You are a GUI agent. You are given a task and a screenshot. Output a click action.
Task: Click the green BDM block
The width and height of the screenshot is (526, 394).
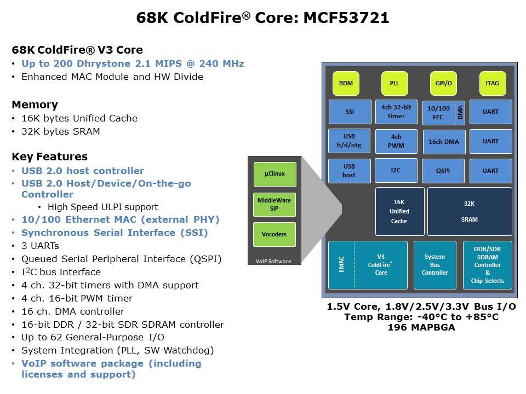click(346, 84)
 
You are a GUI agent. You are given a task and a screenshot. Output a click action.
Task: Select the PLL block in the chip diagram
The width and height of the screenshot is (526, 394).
click(395, 84)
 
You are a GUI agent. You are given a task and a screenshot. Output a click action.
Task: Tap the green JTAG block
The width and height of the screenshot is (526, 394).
click(492, 84)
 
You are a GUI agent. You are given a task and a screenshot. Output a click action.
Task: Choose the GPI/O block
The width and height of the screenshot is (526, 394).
click(443, 84)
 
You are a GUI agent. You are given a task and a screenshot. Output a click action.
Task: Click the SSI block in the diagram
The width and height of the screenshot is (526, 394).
click(350, 112)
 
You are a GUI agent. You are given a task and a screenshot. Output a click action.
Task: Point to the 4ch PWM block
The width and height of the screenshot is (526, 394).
click(396, 141)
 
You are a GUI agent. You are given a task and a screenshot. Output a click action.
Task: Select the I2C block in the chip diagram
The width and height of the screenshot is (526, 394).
click(396, 170)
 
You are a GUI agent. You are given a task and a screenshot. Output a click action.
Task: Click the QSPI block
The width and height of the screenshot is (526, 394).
click(443, 171)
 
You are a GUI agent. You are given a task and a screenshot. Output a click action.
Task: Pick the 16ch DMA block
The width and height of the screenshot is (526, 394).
click(444, 142)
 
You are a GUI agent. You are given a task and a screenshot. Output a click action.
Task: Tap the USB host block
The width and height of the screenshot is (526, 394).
click(349, 171)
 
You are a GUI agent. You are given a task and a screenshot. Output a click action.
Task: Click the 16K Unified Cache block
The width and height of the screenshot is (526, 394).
click(399, 211)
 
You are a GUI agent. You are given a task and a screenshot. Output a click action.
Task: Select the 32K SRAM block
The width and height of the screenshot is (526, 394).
click(470, 211)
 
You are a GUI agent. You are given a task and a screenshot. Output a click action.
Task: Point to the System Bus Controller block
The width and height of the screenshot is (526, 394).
click(435, 265)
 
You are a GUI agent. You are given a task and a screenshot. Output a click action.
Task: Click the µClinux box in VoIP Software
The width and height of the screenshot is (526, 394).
click(275, 174)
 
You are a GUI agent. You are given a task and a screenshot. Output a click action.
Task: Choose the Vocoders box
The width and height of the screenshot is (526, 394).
click(275, 234)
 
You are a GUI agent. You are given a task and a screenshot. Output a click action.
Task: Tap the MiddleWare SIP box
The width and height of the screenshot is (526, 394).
click(275, 204)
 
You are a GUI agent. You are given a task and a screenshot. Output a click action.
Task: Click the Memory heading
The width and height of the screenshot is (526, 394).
click(35, 105)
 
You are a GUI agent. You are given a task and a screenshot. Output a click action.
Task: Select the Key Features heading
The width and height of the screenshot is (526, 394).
click(49, 157)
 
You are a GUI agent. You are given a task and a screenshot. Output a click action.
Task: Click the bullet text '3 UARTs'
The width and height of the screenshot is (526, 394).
click(40, 246)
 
